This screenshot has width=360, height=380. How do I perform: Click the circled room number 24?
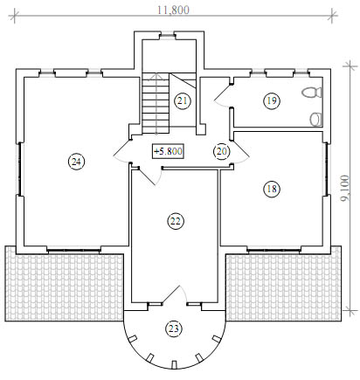click(x=76, y=162)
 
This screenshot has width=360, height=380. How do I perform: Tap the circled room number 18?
click(x=272, y=189)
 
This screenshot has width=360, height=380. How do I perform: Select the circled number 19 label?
click(x=272, y=100)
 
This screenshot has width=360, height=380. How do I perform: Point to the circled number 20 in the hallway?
click(x=222, y=151)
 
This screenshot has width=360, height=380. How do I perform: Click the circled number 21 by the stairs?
click(x=183, y=101)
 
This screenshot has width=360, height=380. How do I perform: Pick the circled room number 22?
click(x=176, y=221)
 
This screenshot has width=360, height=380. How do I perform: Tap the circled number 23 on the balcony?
click(x=174, y=328)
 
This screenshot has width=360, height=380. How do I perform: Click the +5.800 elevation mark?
click(x=169, y=151)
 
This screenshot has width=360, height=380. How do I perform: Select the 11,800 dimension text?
click(x=173, y=10)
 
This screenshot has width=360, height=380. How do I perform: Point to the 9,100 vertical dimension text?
click(x=345, y=188)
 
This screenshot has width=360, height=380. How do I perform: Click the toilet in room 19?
click(x=312, y=93)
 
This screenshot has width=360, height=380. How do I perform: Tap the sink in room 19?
click(x=315, y=119)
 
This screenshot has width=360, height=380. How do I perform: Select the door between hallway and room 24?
click(x=122, y=151)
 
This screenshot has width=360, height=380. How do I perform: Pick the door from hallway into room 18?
click(x=240, y=152)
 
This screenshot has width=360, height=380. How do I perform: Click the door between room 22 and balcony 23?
click(x=174, y=294)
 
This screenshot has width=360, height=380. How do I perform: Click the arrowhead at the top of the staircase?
click(x=156, y=76)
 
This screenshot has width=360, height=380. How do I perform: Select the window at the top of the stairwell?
click(x=168, y=36)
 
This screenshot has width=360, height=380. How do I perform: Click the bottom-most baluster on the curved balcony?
click(x=175, y=365)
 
